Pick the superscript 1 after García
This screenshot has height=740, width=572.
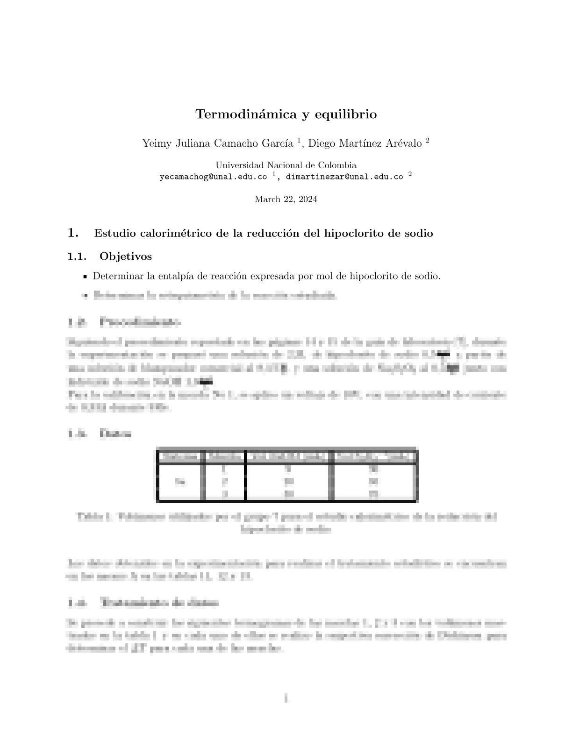point(299,140)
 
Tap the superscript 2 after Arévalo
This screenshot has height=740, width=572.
point(427,140)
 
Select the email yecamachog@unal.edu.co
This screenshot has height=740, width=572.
point(213,177)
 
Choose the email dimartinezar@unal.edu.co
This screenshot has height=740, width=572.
point(344,177)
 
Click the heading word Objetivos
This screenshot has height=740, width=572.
point(126,256)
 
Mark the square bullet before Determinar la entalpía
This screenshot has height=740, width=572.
point(85,277)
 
